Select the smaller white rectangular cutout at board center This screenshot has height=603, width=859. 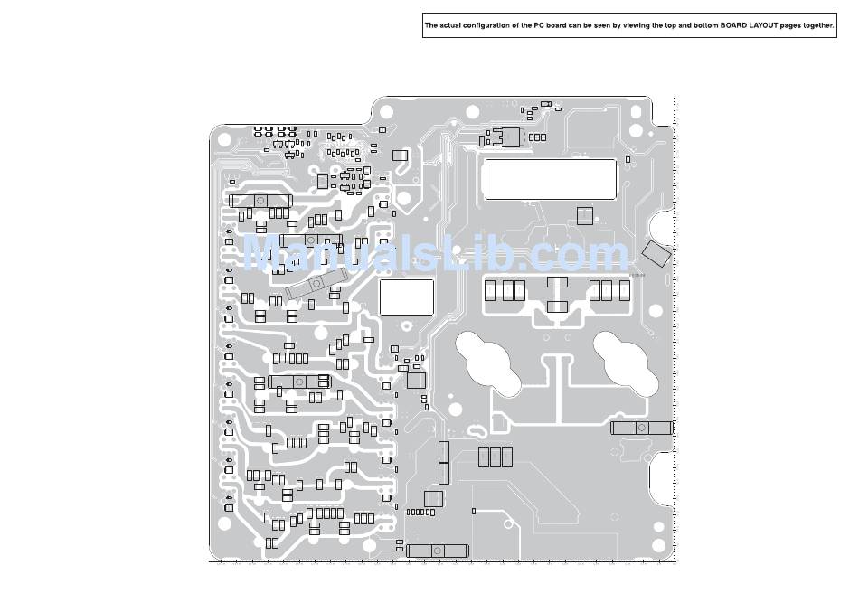406,297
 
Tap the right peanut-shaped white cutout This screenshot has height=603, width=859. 626,363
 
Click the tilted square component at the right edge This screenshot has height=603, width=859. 656,253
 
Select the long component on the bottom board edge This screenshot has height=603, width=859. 437,550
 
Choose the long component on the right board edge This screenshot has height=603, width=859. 641,428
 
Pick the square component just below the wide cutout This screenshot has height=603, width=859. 585,215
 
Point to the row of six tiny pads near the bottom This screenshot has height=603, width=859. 420,513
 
